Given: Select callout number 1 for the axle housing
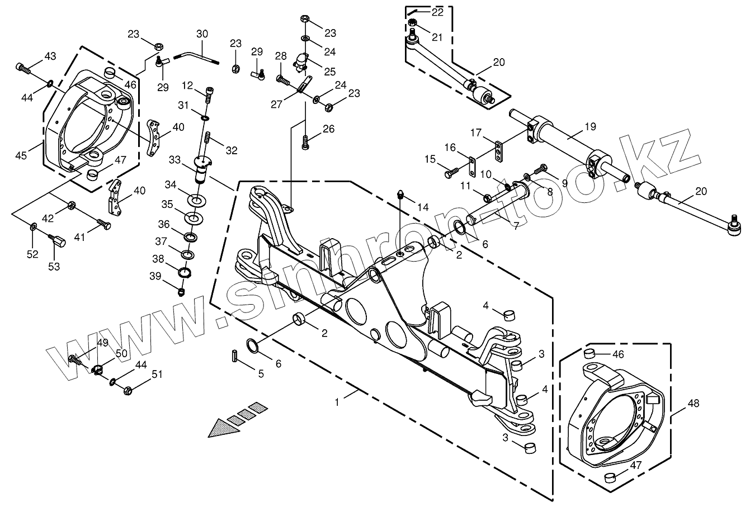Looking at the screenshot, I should point(337,401).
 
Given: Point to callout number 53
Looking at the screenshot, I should point(53,267).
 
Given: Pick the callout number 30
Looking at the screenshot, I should point(202,34).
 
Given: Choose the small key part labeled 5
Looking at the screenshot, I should point(235,356).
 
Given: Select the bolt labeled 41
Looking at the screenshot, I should point(103,225).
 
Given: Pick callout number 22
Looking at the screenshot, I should point(437,12).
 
